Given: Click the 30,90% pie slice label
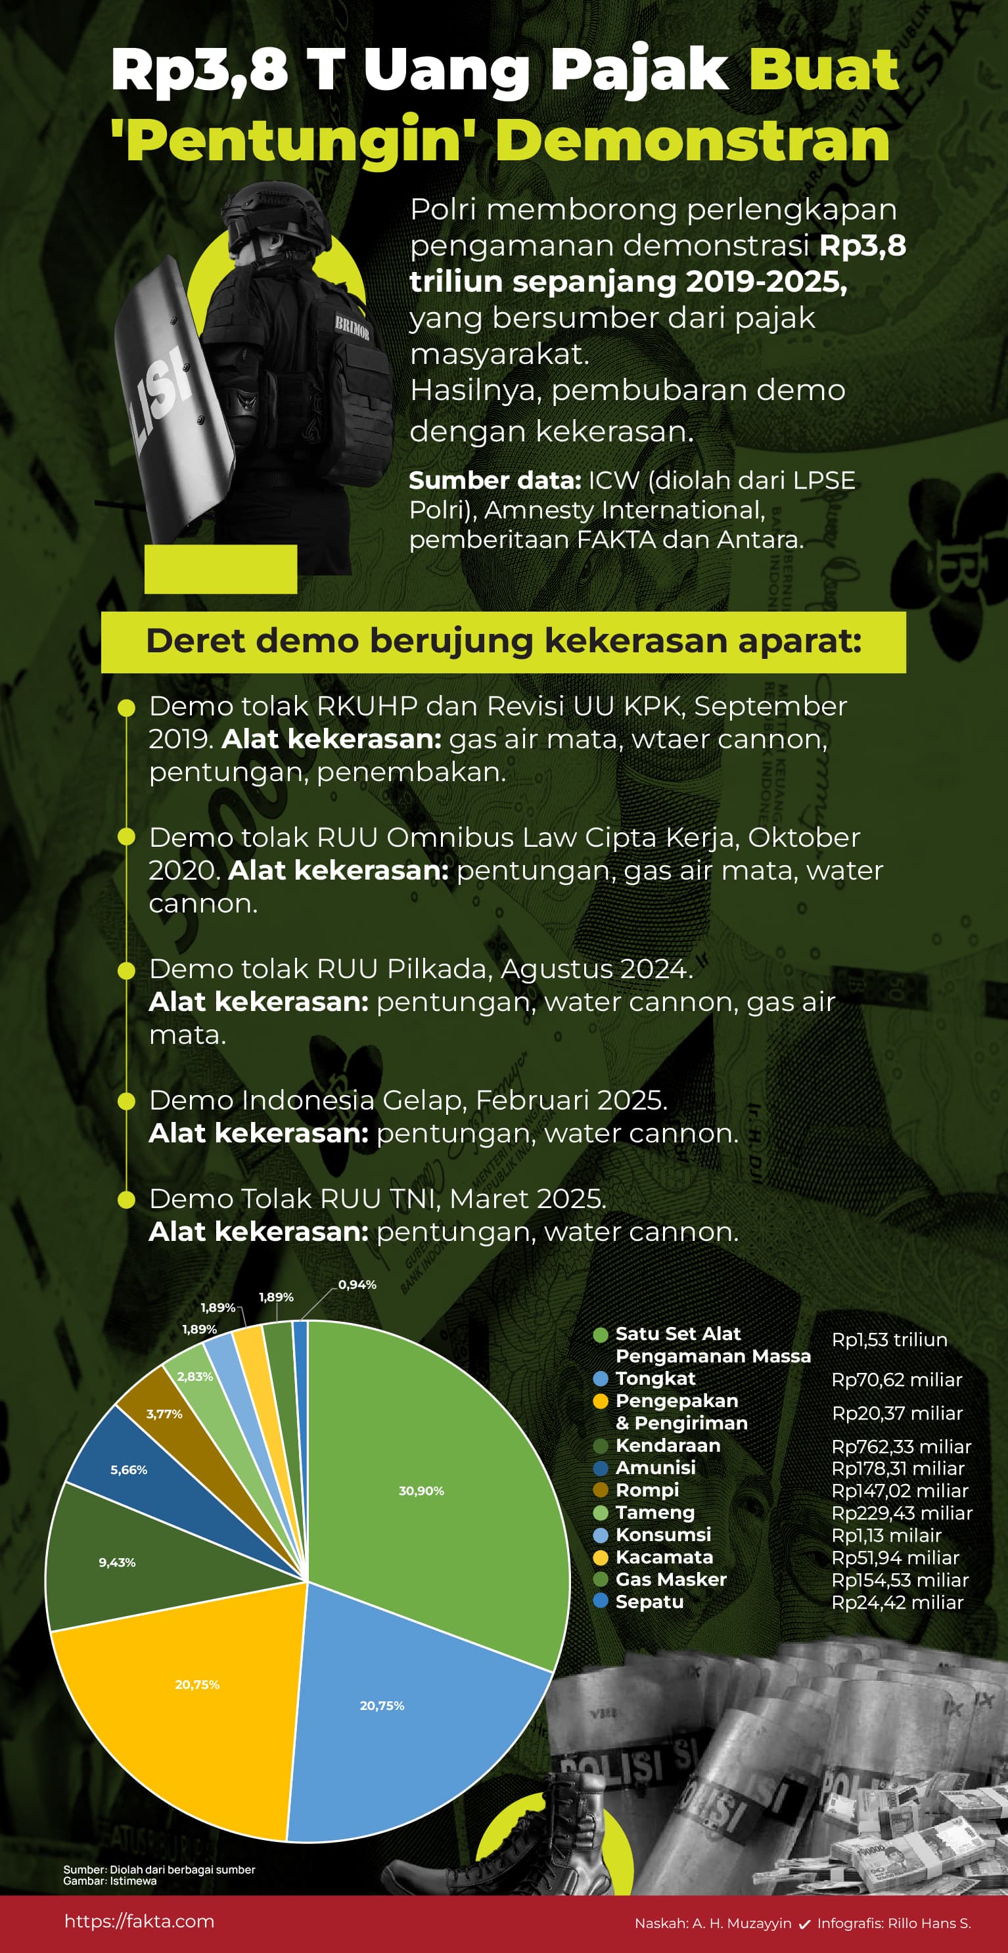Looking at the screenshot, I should coord(421,1491).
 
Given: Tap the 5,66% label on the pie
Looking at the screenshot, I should coord(129,1470).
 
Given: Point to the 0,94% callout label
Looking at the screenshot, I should coord(357,1284).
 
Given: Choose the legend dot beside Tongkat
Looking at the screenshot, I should coord(601,1378).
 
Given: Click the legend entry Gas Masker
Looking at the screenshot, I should coord(670,1579).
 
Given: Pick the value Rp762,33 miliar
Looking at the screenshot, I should coord(901,1446).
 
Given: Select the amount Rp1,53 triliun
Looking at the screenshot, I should coord(890,1339).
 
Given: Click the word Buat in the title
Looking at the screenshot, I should coord(823,70).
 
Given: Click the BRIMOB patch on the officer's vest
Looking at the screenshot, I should coord(352,328).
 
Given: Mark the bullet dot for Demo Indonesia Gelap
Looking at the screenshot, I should coord(127,1101).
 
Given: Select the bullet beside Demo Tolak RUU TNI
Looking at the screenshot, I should coord(127,1200).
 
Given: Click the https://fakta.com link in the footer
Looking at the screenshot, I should coord(139,1920).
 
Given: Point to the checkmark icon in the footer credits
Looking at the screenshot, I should coord(804,1923).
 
